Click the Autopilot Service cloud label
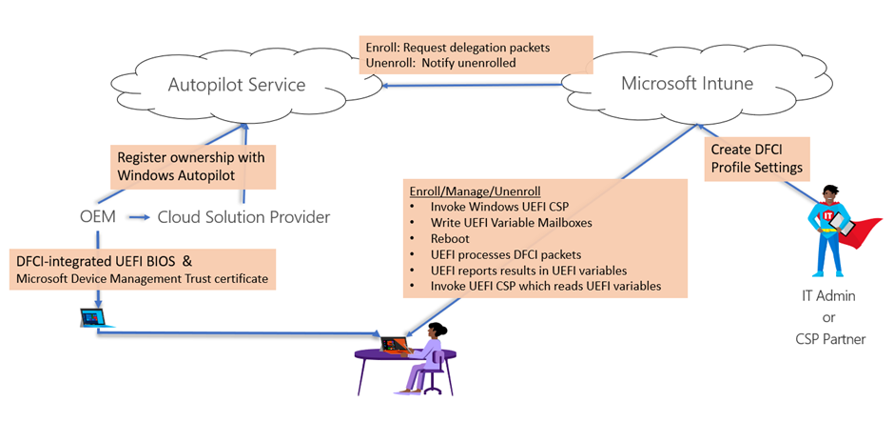pos(237,85)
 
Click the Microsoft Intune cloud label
pos(687,83)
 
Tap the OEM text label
pos(98,217)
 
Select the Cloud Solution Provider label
pos(243,217)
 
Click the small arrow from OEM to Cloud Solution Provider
pos(139,218)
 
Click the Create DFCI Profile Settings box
pos(757,159)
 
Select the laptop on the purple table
pos(394,342)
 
